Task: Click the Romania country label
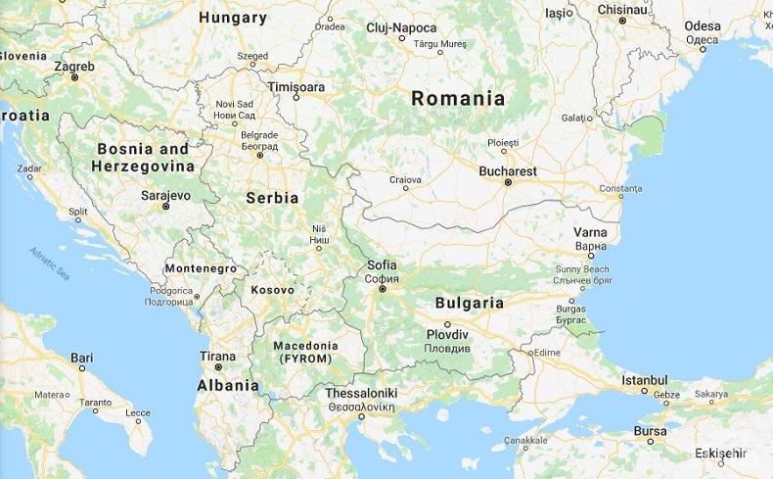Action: coord(458,99)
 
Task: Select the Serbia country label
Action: coord(272,198)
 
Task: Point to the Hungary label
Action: coord(233,18)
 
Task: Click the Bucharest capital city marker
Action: coord(508,182)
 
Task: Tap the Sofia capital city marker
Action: coord(383,289)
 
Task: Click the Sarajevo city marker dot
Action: coord(165,207)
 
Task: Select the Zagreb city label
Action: coord(74,67)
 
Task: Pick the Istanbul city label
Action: coord(644,380)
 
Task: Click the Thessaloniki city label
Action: coord(360,394)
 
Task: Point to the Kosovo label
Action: coord(272,290)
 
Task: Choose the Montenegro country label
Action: coord(201,268)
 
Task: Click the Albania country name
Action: coord(228,386)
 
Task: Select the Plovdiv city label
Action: coord(448,335)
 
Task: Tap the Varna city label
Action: coord(590,232)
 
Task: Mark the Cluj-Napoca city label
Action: coord(401,27)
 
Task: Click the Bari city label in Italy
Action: coord(82,358)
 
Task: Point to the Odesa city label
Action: coord(703,26)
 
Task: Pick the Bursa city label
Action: coord(650,430)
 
